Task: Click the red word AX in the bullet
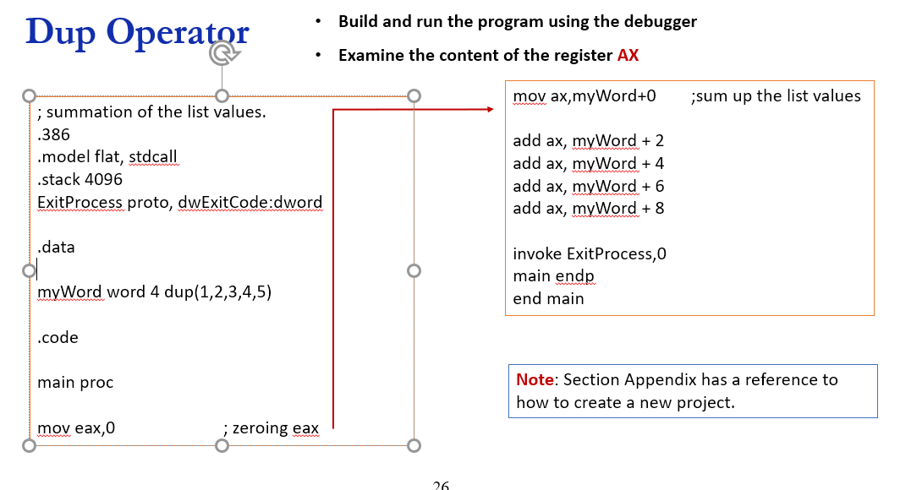pos(628,56)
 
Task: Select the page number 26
pos(441,485)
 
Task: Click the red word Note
pos(535,380)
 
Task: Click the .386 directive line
pos(53,134)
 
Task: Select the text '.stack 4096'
pos(80,179)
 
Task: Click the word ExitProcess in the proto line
pos(80,202)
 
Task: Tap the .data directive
pos(56,248)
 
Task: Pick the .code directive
pos(58,337)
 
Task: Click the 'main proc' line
pos(75,383)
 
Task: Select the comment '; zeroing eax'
pos(271,428)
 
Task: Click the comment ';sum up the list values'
pos(776,96)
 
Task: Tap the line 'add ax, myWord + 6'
pos(588,186)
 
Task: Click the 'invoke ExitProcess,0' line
pos(590,253)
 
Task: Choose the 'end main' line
pos(548,298)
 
